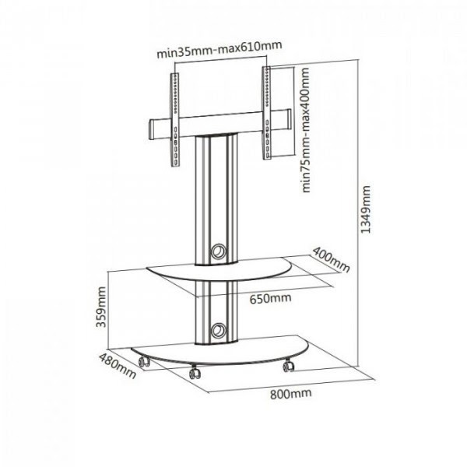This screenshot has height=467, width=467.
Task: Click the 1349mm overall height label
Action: click(366, 209)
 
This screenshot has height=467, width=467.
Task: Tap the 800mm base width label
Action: click(290, 393)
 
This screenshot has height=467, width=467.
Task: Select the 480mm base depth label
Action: click(118, 366)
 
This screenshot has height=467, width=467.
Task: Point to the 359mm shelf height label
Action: click(101, 307)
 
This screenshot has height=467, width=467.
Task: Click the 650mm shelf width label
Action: click(270, 298)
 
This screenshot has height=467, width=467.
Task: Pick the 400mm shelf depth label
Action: click(331, 260)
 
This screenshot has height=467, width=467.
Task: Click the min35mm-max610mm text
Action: click(219, 50)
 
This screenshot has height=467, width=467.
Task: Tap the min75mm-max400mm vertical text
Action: click(306, 130)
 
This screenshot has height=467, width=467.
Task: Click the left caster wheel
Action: click(144, 362)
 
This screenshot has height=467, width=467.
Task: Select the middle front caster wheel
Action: click(195, 372)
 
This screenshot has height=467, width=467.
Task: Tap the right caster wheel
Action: click(288, 366)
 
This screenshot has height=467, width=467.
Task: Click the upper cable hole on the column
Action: click(218, 251)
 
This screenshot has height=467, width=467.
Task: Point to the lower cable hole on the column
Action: click(218, 330)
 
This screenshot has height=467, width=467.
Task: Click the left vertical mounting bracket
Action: click(175, 120)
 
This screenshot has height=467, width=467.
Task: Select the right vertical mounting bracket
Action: click(267, 113)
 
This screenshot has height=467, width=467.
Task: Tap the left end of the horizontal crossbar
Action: click(151, 129)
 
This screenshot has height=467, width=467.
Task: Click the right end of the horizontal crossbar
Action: click(288, 119)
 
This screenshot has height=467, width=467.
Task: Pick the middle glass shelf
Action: click(219, 270)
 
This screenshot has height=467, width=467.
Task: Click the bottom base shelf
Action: click(220, 351)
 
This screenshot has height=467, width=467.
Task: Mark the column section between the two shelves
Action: click(216, 311)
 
